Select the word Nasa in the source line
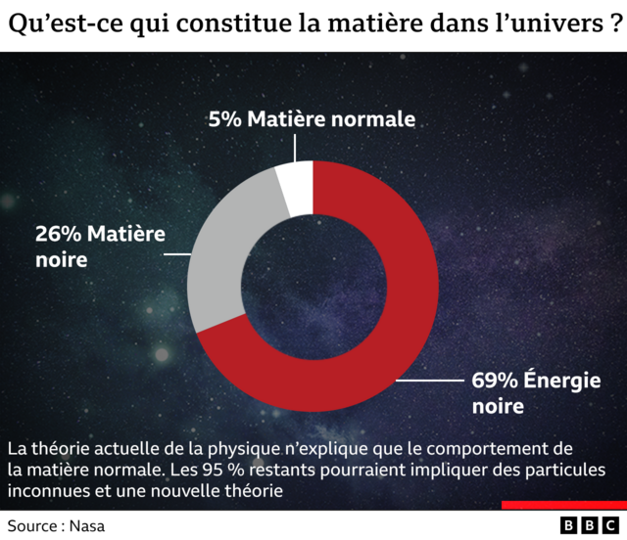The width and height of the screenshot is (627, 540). [85, 525]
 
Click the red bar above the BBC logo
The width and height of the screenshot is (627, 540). [563, 506]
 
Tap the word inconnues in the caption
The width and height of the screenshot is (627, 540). [42, 490]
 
